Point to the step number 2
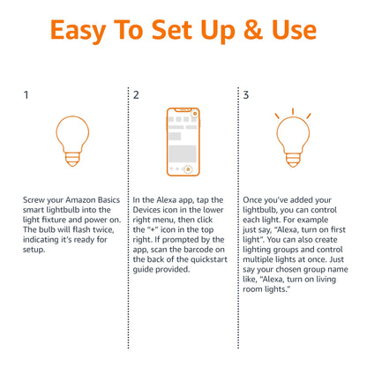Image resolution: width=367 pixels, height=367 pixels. [x=136, y=94]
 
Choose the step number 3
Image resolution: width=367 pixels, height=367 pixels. [x=246, y=94]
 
